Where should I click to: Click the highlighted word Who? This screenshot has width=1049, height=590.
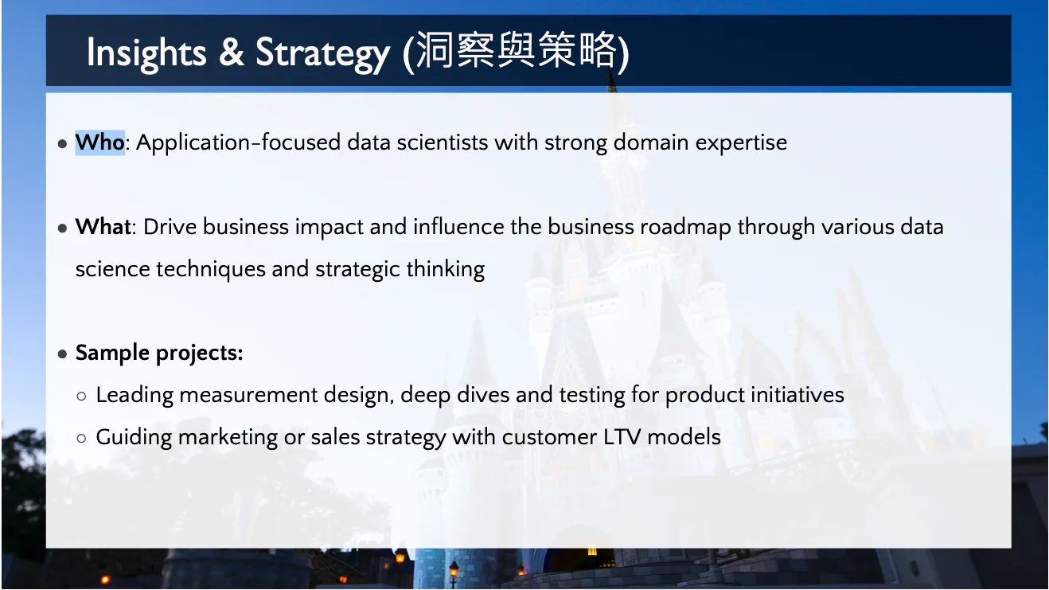99,143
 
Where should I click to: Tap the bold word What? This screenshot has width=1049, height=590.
103,227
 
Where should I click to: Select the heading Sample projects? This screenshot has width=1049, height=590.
159,354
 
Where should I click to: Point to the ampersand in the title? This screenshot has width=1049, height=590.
232,52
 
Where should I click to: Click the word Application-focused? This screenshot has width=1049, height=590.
238,143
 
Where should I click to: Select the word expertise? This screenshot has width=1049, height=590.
741,143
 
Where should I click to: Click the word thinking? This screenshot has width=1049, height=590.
446,270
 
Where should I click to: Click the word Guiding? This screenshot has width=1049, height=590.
134,438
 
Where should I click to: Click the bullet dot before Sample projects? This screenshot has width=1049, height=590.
62,354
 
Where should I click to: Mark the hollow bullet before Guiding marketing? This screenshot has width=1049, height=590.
81,439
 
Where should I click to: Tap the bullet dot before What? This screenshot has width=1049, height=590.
62,229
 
